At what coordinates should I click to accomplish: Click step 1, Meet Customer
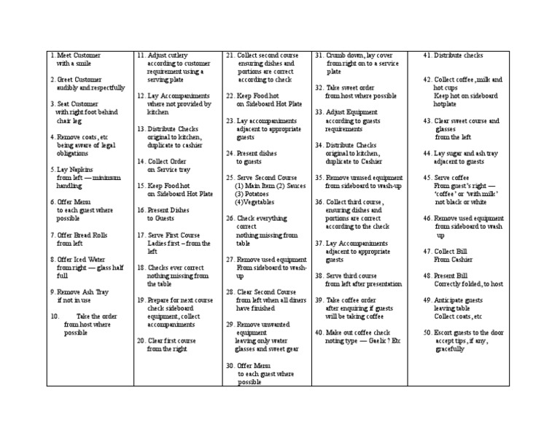click(76, 55)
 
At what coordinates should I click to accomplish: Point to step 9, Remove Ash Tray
click(81, 292)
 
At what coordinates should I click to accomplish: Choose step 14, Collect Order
click(167, 161)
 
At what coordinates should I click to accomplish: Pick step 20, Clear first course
click(171, 340)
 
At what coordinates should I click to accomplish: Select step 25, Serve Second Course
click(261, 177)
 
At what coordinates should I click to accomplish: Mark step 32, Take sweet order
click(346, 87)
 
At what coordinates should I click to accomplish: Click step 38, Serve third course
click(346, 276)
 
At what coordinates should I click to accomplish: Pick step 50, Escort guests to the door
click(463, 332)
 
